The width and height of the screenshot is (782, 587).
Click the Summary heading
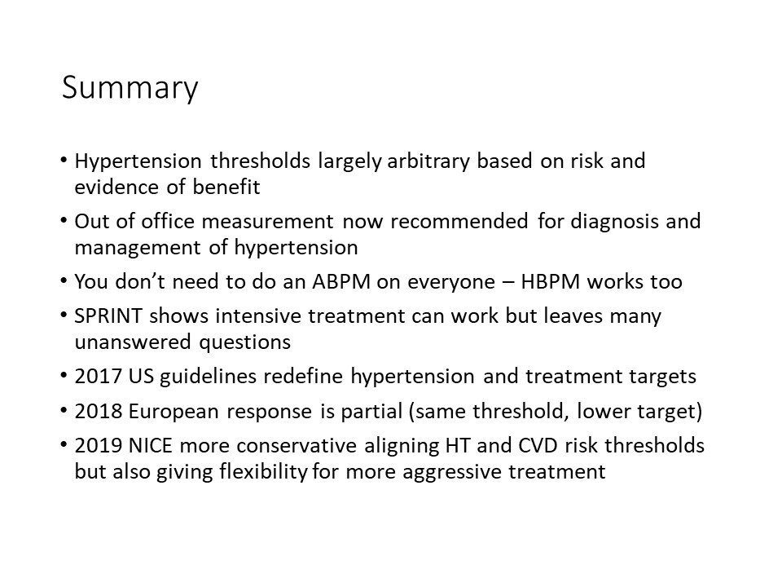pos(130,88)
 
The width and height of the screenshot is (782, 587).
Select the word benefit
pos(226,188)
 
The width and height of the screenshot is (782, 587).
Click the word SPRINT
pos(108,316)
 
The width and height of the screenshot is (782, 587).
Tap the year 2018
pos(99,411)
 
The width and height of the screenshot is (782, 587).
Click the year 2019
pos(99,445)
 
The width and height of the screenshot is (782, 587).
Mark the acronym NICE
pos(150,445)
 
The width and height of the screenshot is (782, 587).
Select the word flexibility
pos(263,472)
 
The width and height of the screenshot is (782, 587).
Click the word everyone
pos(450,283)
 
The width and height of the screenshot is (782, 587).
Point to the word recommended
pos(459,222)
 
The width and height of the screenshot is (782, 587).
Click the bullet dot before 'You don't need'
pos(64,280)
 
